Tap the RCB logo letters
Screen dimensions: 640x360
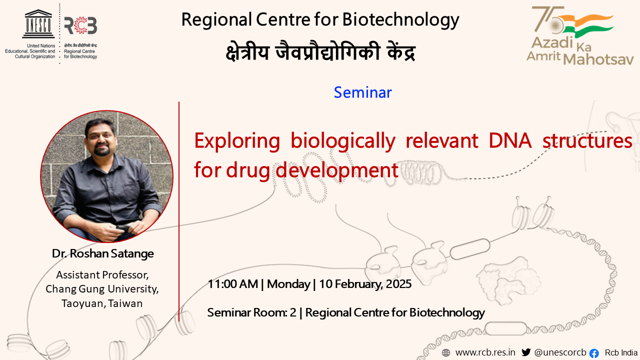pos(80,25)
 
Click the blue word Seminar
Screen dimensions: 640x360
pos(363,92)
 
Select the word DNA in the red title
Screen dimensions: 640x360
pos(510,140)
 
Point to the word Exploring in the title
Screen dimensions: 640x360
pos(237,141)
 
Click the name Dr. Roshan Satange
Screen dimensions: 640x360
pos(103,253)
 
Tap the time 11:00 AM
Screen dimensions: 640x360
pos(233,284)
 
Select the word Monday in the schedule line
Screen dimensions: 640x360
pos(288,284)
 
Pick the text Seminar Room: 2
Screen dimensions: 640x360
pos(251,312)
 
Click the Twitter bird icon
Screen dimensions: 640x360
pos(526,352)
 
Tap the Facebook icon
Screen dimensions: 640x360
pos(594,353)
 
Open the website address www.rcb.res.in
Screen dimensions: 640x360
pos(485,352)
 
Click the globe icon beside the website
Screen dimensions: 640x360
pos(445,353)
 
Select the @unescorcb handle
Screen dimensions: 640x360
pos(560,352)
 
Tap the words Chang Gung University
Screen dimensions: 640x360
pos(102,289)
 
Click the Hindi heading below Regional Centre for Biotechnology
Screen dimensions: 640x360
pos(320,51)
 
